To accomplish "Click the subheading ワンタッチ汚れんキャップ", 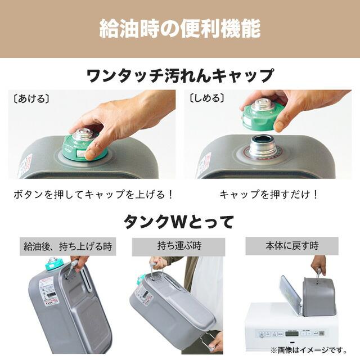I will [180, 75].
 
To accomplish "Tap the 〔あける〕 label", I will [31, 98].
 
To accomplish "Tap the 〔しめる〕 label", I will [207, 98].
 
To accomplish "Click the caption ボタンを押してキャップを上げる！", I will [93, 195].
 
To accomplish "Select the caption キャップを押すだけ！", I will [269, 195].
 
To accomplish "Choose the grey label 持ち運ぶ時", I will [179, 246].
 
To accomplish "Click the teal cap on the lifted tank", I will [54, 263].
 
